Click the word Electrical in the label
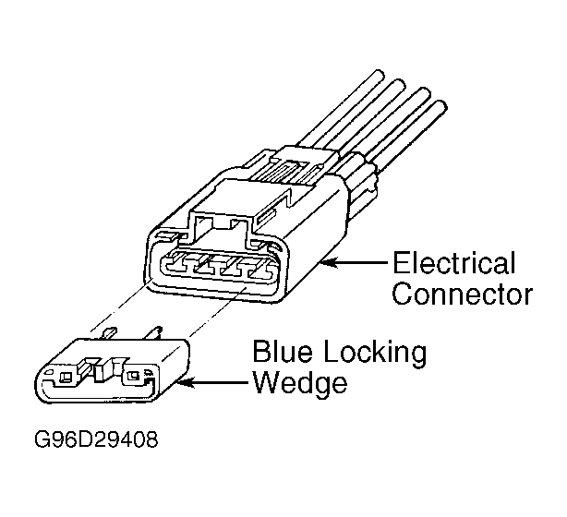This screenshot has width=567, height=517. (x=452, y=265)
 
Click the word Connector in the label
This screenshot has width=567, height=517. (x=463, y=295)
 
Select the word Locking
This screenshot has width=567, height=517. (x=375, y=355)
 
